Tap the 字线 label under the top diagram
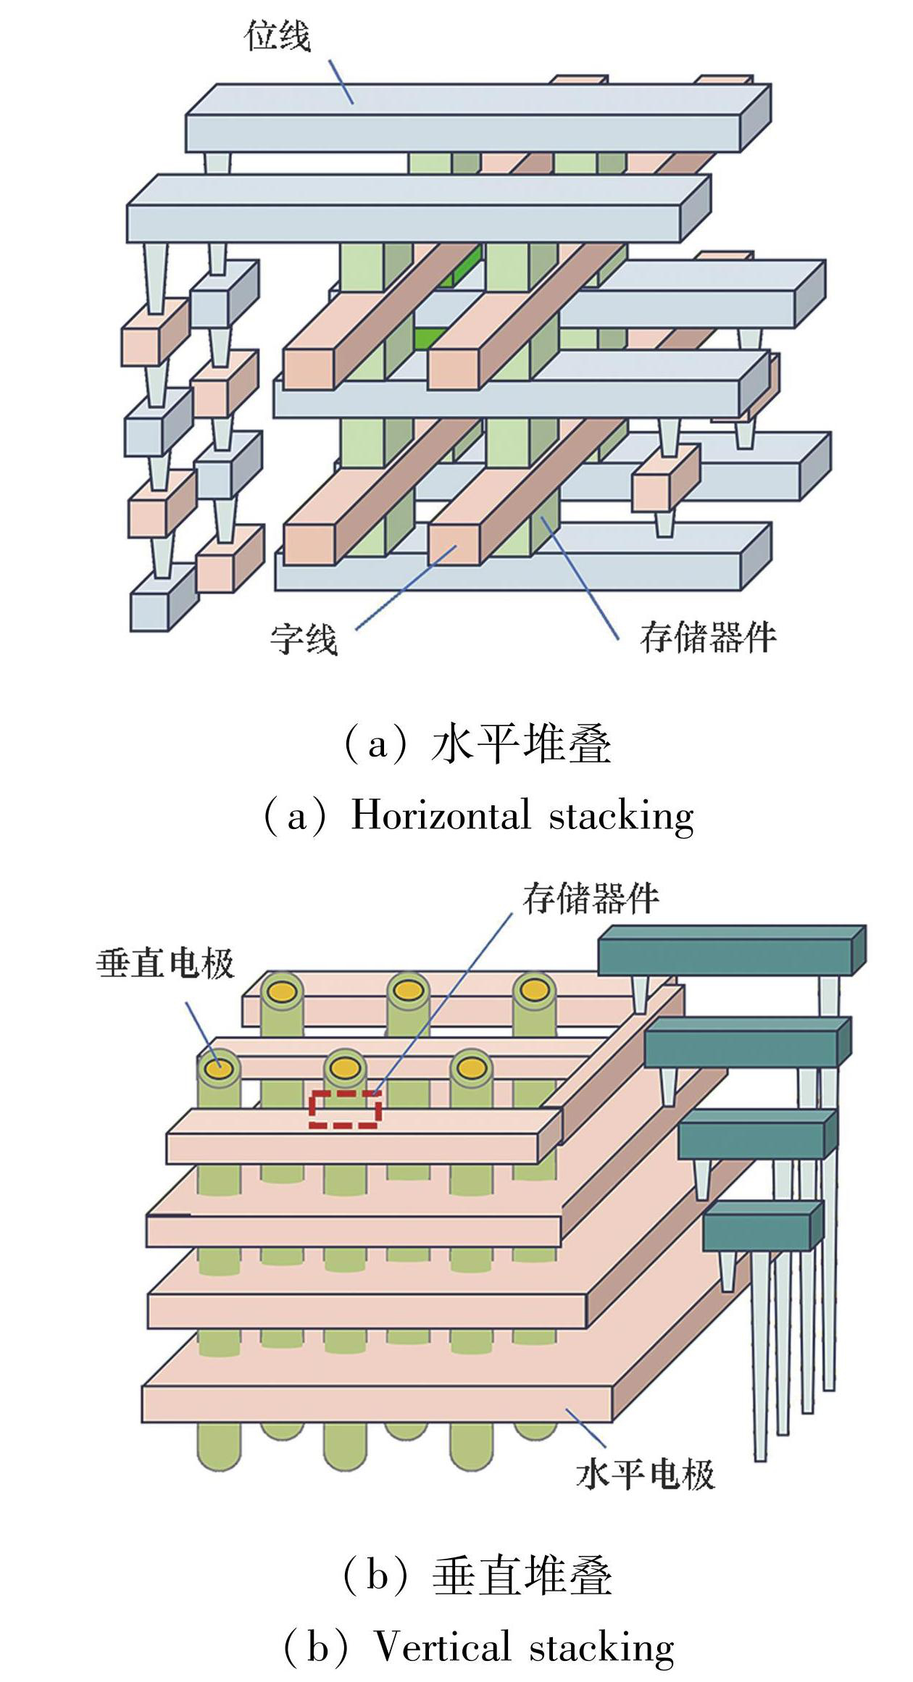[304, 639]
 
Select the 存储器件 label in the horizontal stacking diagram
[708, 638]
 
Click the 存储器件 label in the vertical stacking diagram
[591, 898]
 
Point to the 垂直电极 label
[166, 964]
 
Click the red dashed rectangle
[345, 1109]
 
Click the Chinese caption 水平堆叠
[522, 745]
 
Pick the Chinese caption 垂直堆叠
[522, 1577]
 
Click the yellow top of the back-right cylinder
[534, 988]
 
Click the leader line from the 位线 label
[341, 81]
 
